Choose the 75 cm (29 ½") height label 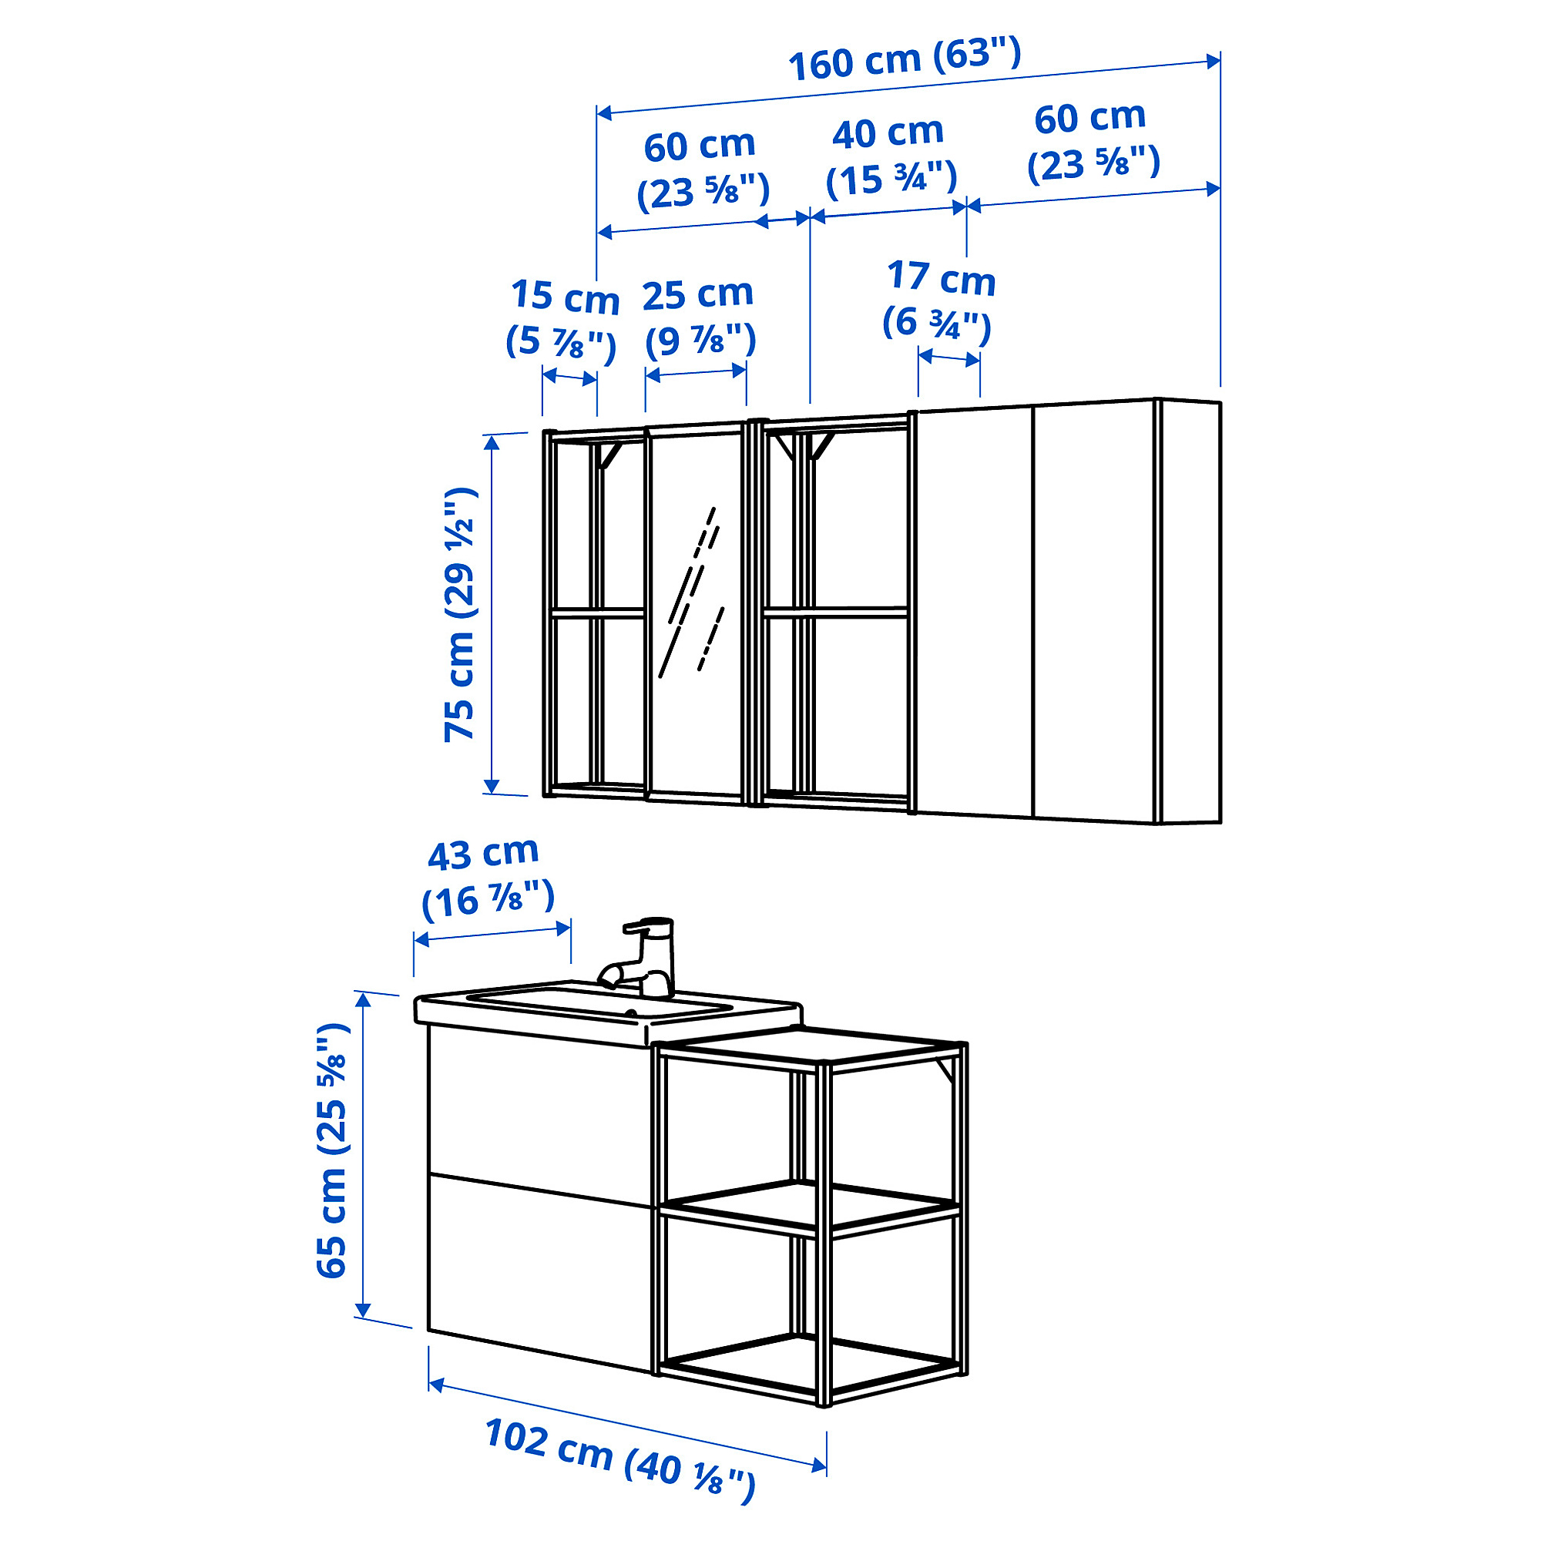pos(461,614)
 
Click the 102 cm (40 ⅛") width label pos(619,1459)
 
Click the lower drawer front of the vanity pos(540,1273)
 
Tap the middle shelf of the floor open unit pos(810,1207)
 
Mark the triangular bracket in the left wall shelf pos(609,455)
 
